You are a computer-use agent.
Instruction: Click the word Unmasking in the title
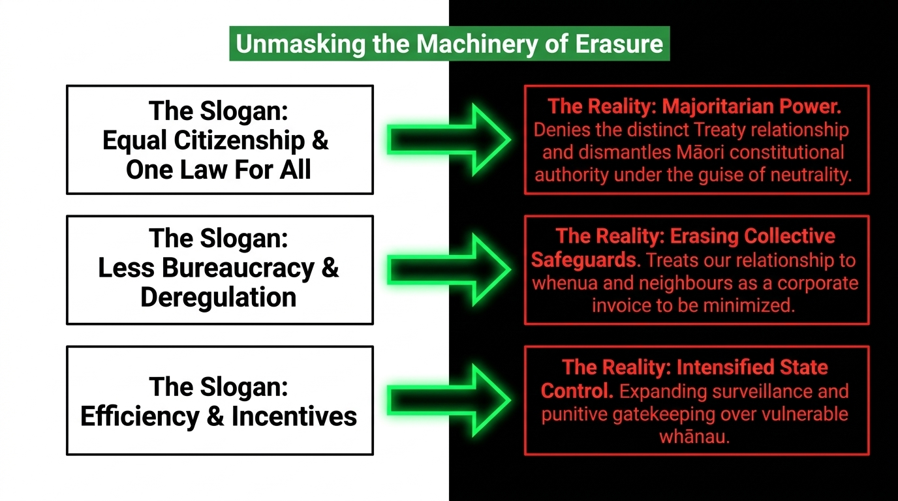tap(301, 44)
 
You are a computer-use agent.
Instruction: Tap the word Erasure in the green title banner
tap(619, 43)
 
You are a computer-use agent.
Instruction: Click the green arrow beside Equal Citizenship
tap(449, 140)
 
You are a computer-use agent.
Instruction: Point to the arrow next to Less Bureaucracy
tap(449, 269)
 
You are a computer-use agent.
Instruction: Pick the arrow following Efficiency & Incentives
tap(449, 400)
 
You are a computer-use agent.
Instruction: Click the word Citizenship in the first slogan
tap(240, 141)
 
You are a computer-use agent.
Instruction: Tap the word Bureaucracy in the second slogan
tap(238, 267)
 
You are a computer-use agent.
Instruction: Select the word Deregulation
tap(219, 297)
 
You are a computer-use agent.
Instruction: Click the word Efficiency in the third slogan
tap(140, 416)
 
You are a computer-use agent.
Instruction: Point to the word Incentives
tap(294, 416)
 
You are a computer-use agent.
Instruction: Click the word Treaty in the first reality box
tap(719, 130)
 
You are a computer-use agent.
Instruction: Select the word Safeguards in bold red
tap(584, 260)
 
